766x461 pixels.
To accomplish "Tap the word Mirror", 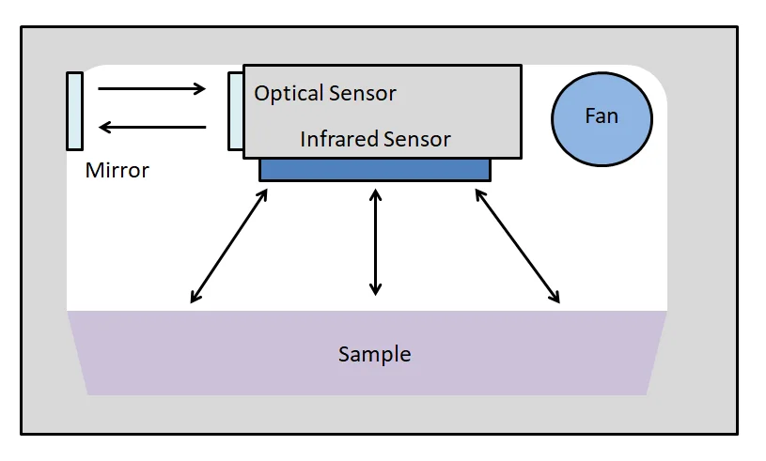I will point(117,171).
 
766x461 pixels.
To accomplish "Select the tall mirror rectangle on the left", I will point(74,111).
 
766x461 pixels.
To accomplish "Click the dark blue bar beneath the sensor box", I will point(374,169).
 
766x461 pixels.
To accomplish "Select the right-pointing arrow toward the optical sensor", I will point(151,89).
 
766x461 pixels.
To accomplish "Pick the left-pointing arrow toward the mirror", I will point(151,127).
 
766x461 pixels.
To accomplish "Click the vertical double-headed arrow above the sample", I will point(376,242).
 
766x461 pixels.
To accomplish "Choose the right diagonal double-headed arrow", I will point(518,246).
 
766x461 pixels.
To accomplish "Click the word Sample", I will point(374,355).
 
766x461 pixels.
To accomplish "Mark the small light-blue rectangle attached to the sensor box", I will point(235,111).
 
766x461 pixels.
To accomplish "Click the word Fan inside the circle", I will point(602,115).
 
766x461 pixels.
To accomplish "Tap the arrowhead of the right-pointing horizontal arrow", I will point(199,89).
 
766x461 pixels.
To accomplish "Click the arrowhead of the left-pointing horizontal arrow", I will point(104,127).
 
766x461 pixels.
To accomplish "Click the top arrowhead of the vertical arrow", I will point(376,195).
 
